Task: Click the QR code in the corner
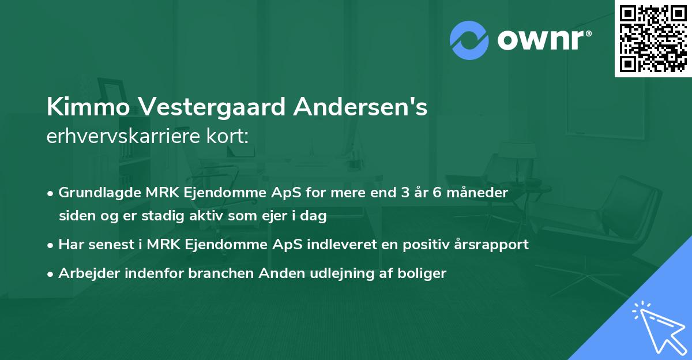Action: tap(653, 38)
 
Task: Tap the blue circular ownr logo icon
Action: tap(469, 40)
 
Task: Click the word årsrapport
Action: tap(494, 245)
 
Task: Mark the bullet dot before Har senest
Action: tap(51, 245)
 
